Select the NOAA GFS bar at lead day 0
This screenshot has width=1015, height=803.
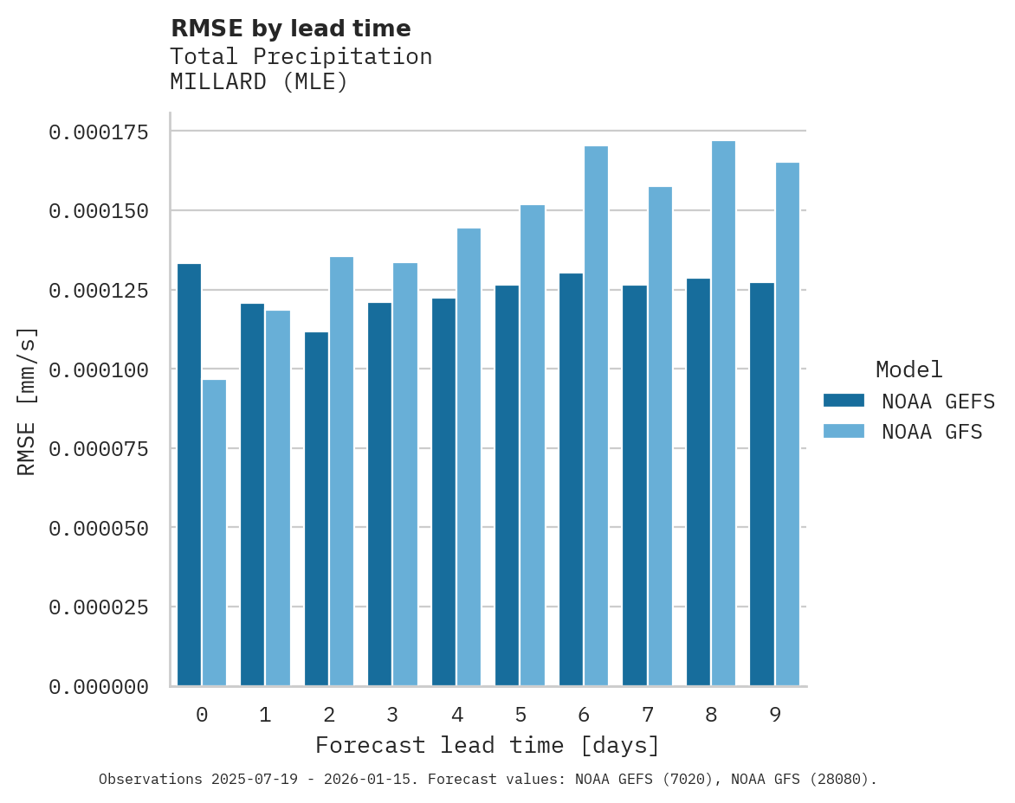214,532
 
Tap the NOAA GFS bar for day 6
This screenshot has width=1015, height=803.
596,415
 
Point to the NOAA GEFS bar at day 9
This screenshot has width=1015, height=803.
762,484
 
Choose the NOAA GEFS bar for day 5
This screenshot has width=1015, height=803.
507,485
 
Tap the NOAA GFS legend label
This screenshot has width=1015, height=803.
932,431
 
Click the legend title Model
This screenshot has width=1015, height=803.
908,369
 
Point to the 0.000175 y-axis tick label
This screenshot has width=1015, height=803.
99,132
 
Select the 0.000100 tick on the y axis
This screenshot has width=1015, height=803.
99,369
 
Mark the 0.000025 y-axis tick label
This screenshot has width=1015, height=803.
99,607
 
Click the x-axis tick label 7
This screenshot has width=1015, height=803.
647,715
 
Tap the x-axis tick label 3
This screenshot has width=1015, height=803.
392,715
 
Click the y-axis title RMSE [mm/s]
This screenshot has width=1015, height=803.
27,401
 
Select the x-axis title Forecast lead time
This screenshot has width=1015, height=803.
488,745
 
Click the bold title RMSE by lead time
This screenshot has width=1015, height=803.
290,29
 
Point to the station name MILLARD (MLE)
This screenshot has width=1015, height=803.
259,82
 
